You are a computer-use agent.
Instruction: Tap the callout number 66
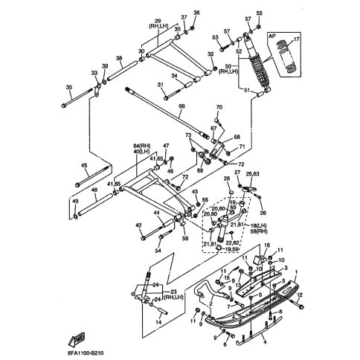tap(181, 107)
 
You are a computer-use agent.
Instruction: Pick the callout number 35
tap(69, 88)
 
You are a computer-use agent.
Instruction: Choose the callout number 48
tap(94, 190)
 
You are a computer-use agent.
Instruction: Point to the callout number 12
tap(300, 295)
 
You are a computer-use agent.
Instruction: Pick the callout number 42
tap(138, 225)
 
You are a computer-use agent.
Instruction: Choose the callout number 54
tap(158, 251)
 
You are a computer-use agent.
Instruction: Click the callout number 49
tap(74, 202)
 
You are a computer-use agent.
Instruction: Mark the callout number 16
tap(267, 245)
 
